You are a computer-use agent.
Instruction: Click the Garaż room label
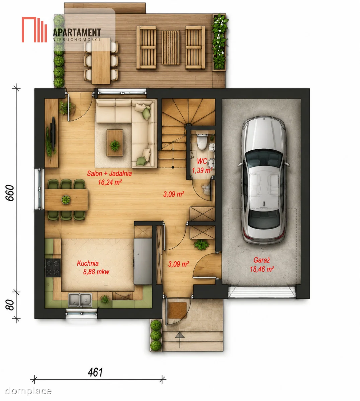pyautogui.click(x=262, y=260)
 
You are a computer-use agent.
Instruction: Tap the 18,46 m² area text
pyautogui.click(x=262, y=269)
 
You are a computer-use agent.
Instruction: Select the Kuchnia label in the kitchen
pyautogui.click(x=88, y=263)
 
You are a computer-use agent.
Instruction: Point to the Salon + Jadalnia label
pyautogui.click(x=109, y=173)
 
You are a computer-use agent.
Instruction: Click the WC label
pyautogui.click(x=202, y=161)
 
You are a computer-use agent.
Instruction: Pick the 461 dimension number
pyautogui.click(x=95, y=372)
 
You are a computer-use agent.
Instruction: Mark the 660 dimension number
pyautogui.click(x=10, y=193)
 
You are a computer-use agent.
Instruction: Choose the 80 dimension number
pyautogui.click(x=10, y=305)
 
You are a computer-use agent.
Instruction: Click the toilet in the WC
pyautogui.click(x=202, y=142)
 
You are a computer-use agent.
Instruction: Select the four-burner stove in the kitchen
pyautogui.click(x=53, y=268)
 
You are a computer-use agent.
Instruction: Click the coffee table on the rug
pyautogui.click(x=115, y=143)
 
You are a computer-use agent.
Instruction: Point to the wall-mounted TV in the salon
pyautogui.click(x=53, y=134)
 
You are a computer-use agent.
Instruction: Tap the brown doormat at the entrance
pyautogui.click(x=177, y=310)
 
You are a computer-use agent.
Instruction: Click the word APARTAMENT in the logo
pyautogui.click(x=77, y=33)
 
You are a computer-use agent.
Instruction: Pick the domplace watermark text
pyautogui.click(x=28, y=391)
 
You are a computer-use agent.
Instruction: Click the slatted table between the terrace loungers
pyautogui.click(x=171, y=47)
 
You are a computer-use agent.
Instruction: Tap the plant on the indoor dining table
pyautogui.click(x=66, y=199)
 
